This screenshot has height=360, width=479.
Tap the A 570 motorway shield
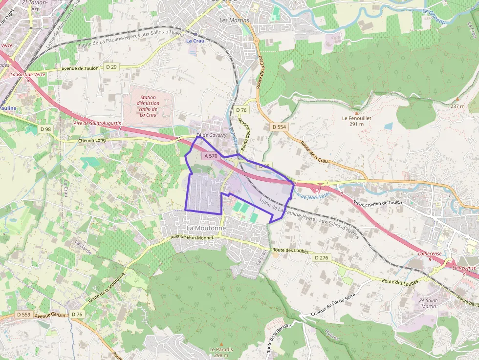(x=211, y=156)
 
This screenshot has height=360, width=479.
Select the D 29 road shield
(x=111, y=67)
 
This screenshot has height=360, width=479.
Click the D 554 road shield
(x=279, y=127)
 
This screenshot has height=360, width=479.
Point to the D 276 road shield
(x=321, y=257)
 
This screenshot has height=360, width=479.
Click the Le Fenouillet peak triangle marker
(x=356, y=113)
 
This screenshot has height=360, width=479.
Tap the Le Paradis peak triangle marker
(x=221, y=344)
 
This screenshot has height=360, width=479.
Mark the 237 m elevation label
(x=457, y=106)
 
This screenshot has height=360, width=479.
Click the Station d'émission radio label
(x=148, y=106)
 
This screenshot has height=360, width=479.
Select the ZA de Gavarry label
(x=212, y=135)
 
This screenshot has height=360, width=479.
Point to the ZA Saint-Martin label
(x=428, y=303)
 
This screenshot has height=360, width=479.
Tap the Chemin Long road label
(x=92, y=141)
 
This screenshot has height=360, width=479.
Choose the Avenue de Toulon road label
(x=80, y=69)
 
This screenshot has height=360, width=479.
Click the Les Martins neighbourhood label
(x=235, y=21)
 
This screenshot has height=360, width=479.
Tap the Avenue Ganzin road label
(x=50, y=316)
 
